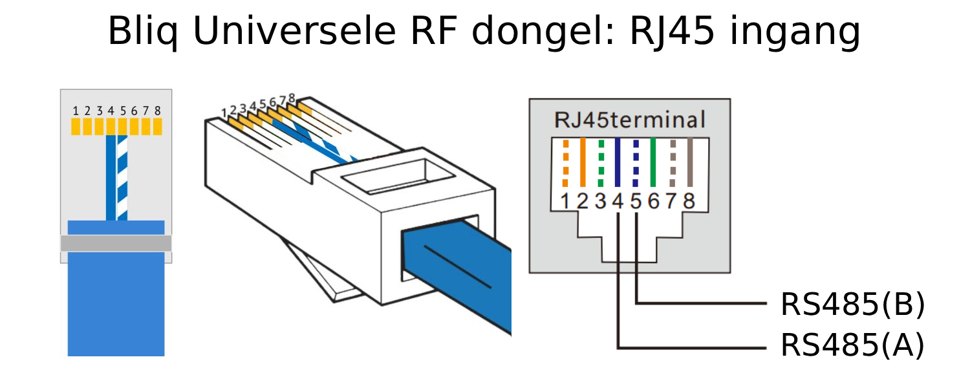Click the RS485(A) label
pyautogui.click(x=852, y=346)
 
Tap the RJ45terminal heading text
pyautogui.click(x=630, y=120)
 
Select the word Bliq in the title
pyautogui.click(x=144, y=32)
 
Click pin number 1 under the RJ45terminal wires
pyautogui.click(x=565, y=202)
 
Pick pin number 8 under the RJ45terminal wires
pyautogui.click(x=689, y=202)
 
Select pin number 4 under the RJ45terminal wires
pyautogui.click(x=618, y=202)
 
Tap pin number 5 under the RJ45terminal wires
pyautogui.click(x=636, y=202)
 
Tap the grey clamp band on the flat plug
pyautogui.click(x=116, y=243)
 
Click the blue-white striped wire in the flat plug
pyautogui.click(x=122, y=178)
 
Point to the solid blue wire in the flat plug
pyautogui.click(x=111, y=178)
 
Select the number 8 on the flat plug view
pyautogui.click(x=157, y=111)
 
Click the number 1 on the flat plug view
pyautogui.click(x=76, y=111)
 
